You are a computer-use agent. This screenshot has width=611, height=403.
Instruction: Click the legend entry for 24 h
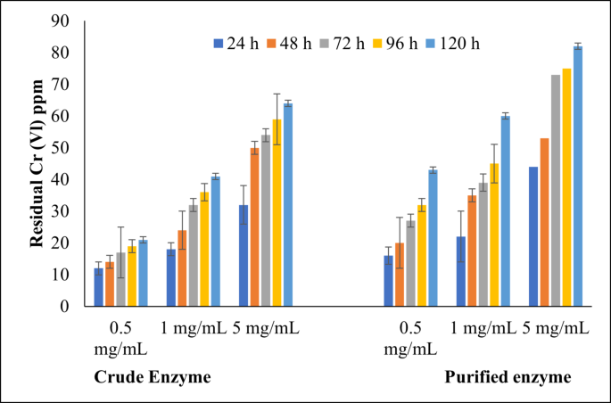(235, 43)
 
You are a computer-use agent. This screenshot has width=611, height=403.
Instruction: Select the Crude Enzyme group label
(152, 377)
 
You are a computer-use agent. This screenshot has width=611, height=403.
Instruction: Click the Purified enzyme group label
(508, 377)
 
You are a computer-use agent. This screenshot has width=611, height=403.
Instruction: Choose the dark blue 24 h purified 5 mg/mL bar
(534, 236)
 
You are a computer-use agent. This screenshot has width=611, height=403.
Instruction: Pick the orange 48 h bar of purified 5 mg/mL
(545, 222)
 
